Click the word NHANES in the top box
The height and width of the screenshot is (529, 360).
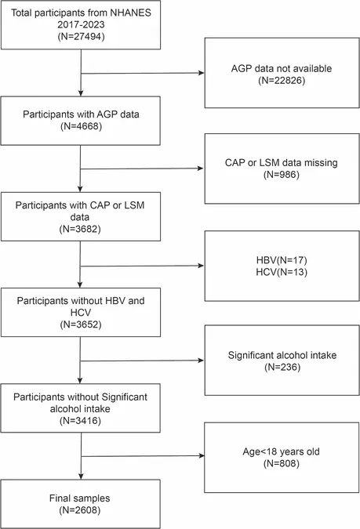coord(132,13)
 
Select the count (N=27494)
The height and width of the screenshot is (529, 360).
coord(81,36)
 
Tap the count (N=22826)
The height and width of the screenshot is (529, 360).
coord(282,80)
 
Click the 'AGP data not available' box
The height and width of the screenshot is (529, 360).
coord(282,73)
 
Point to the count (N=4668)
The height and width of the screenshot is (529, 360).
coord(81,126)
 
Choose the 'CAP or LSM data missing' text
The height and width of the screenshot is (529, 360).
coord(282,162)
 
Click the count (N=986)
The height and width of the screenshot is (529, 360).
coord(282,175)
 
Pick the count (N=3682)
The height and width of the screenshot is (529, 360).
coord(80,229)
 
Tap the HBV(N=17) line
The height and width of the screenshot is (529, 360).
coord(282,260)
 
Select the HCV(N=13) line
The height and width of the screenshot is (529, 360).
coord(282,272)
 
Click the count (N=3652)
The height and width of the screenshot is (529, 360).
coord(81,324)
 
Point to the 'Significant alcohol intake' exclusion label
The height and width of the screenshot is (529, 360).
coord(282,355)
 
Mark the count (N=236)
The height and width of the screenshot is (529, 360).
coord(282,367)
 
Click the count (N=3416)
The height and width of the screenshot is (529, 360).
coord(80,421)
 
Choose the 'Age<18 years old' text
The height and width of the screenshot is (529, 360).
coord(282,451)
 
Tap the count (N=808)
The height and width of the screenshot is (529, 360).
coord(282,463)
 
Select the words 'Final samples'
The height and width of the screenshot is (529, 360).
coord(80,498)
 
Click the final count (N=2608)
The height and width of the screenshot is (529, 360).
coord(80,510)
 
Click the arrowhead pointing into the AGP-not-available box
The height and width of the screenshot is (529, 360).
coord(202,73)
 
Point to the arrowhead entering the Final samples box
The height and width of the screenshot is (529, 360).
coord(81,476)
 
